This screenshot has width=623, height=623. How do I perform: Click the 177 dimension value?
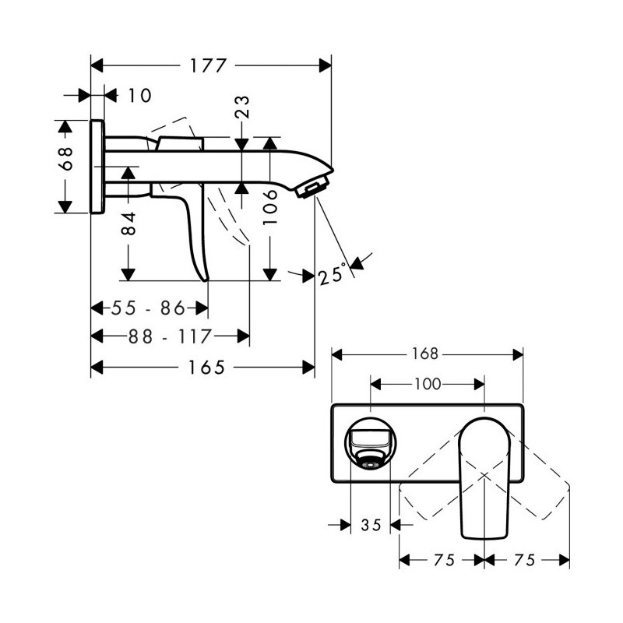[208, 65]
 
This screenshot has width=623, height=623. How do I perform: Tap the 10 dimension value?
[139, 96]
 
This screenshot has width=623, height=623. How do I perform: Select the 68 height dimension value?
[65, 159]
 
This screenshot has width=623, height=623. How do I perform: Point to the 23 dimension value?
[242, 107]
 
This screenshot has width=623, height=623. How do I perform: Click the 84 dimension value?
[128, 224]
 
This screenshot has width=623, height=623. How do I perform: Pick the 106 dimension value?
[270, 207]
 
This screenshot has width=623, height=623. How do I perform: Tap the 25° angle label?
[330, 275]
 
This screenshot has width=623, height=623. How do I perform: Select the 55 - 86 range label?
[149, 308]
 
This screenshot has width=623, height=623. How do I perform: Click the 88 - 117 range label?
[170, 337]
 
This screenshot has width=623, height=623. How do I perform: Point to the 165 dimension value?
[206, 368]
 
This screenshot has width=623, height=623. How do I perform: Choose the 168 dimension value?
[424, 354]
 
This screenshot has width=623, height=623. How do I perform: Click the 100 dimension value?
[428, 384]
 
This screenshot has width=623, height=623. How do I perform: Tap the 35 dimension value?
[371, 525]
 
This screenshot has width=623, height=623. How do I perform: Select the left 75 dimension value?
[444, 560]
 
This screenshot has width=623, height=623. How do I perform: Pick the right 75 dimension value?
[525, 560]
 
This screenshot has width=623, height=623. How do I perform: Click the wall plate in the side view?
[97, 167]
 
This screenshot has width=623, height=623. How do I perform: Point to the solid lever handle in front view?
[484, 479]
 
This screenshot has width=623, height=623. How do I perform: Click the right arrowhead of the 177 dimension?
[325, 65]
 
